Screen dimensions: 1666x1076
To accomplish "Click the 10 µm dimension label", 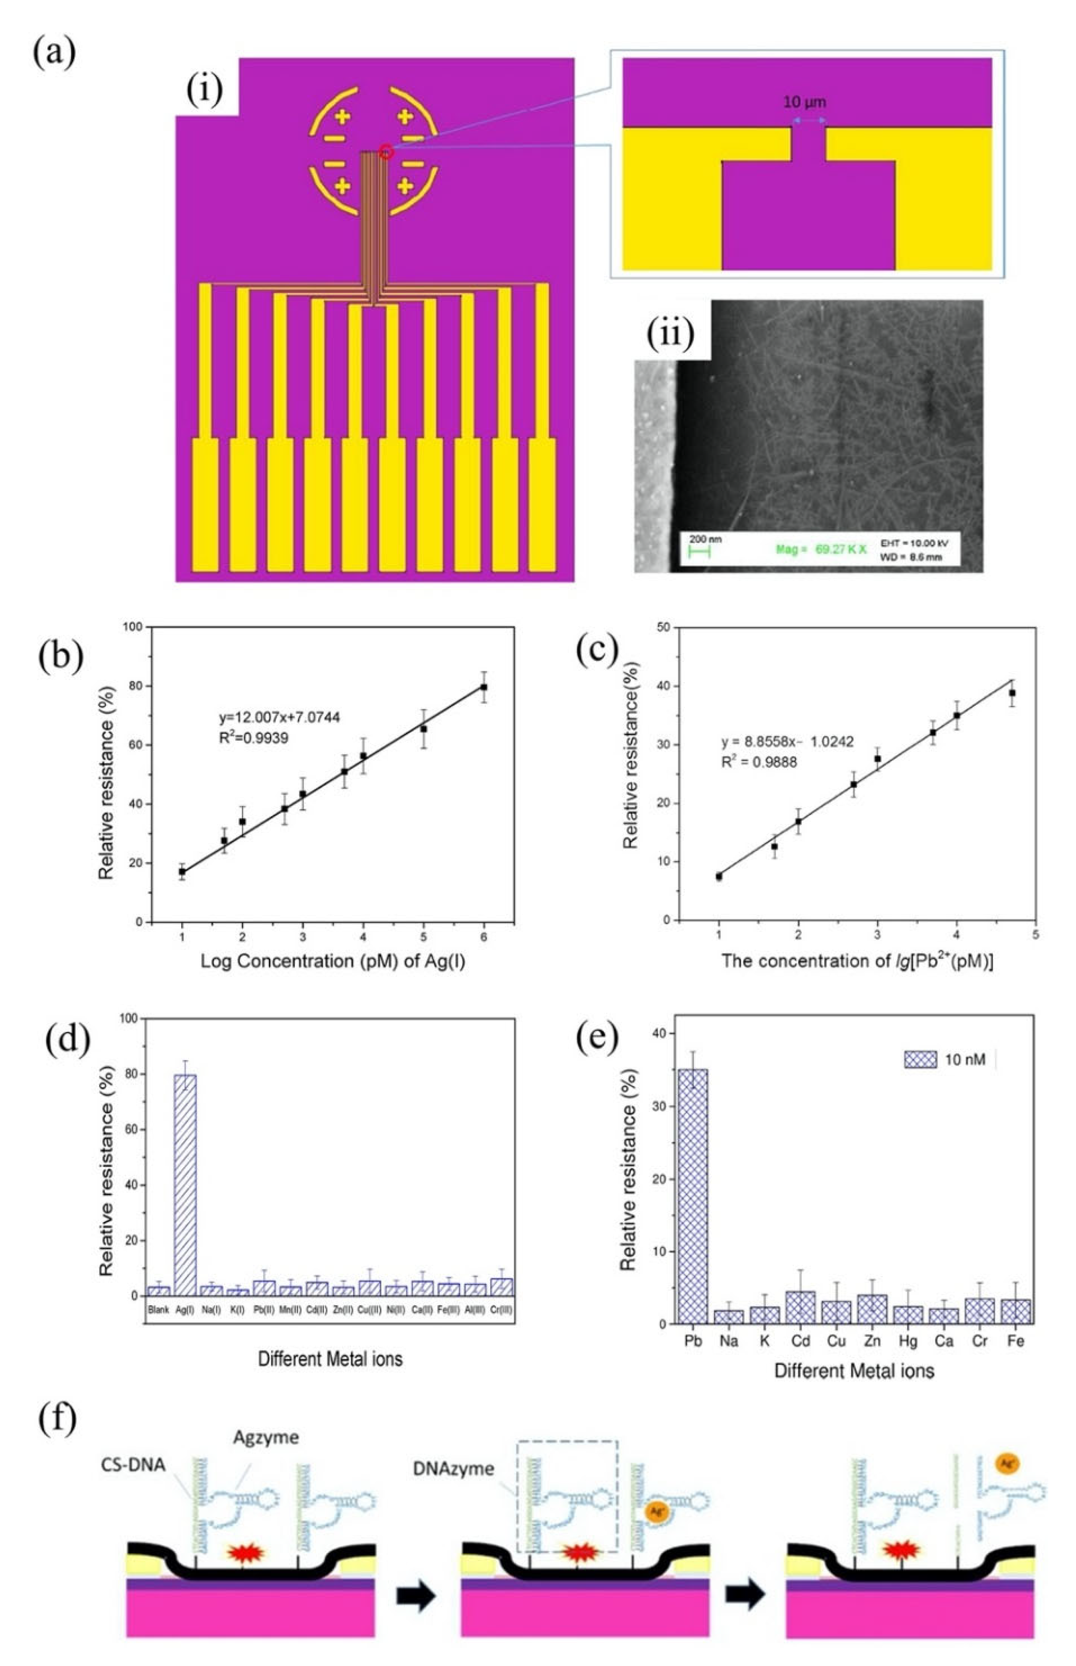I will tap(804, 102).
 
